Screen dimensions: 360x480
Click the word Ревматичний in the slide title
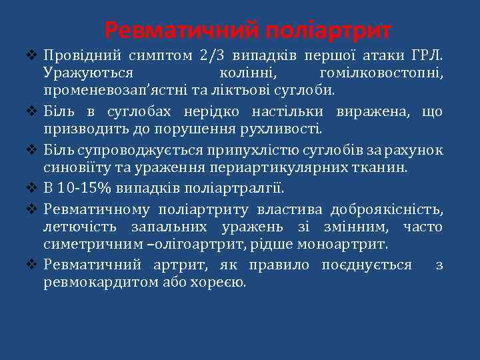[181, 30]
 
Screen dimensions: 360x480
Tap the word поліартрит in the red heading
[328, 30]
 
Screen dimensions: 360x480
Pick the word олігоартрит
[201, 244]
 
